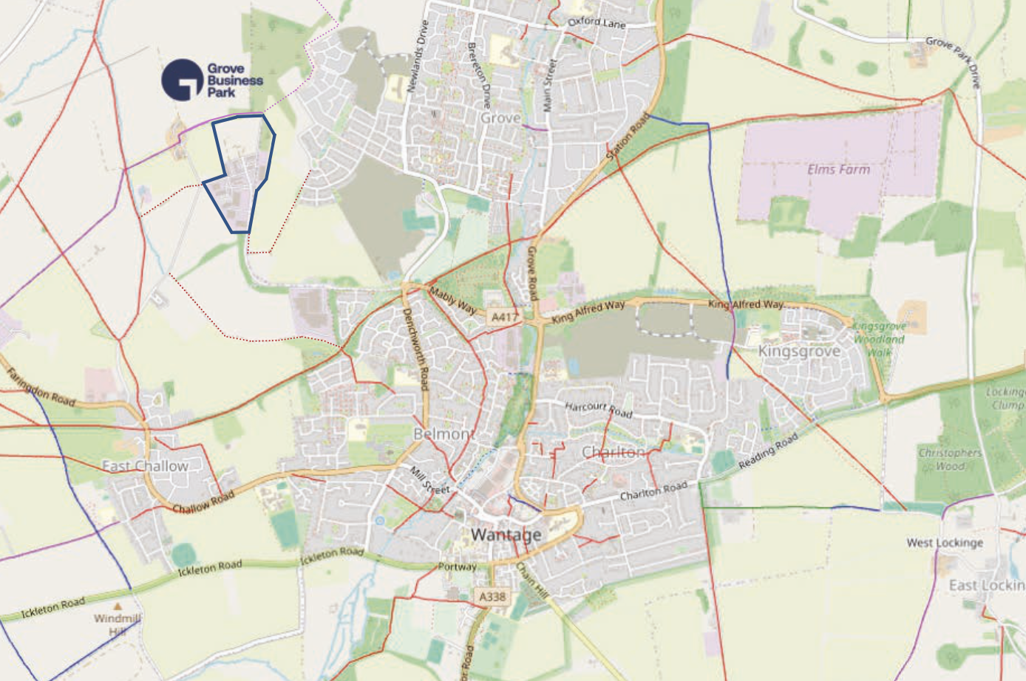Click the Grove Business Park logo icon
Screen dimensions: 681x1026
(x=182, y=80)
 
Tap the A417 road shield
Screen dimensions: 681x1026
(x=504, y=317)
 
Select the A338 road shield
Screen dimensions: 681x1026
(x=492, y=597)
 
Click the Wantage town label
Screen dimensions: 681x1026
(x=506, y=534)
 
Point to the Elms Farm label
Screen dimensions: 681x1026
(x=838, y=170)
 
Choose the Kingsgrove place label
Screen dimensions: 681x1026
(x=799, y=351)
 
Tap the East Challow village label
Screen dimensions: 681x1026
(x=145, y=466)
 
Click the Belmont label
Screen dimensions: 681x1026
(x=444, y=434)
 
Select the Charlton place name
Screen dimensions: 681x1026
(x=613, y=451)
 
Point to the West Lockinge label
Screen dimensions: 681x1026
(x=945, y=543)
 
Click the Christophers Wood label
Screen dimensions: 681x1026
(x=950, y=459)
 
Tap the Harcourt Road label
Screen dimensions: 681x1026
(x=598, y=409)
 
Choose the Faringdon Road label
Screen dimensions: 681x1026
(x=41, y=387)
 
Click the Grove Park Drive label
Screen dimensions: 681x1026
(x=954, y=61)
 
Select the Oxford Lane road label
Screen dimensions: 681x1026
(x=597, y=23)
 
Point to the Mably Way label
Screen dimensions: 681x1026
(x=453, y=301)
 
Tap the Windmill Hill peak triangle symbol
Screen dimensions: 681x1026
(x=118, y=606)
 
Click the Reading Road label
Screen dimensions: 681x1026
(x=768, y=451)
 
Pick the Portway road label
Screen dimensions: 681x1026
(x=457, y=567)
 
